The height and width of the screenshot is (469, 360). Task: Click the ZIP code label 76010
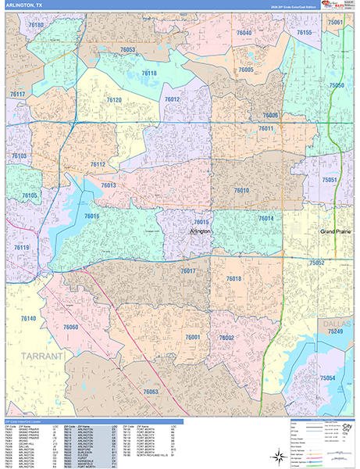point(242,190)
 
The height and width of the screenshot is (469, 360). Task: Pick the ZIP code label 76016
point(92,217)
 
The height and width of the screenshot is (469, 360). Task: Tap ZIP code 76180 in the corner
point(36,26)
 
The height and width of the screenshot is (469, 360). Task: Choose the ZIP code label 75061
point(336,23)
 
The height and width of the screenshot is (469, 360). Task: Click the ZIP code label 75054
point(328,378)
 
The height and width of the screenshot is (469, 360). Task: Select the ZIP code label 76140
point(28,319)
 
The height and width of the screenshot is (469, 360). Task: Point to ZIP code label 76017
point(188,270)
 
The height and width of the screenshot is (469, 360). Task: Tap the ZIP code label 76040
point(244,33)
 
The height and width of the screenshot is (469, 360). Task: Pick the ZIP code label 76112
point(98,165)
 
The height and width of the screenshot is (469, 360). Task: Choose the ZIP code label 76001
point(193,336)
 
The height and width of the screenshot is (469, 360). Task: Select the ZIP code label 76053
point(128,50)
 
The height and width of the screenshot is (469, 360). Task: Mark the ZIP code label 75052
point(317,263)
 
